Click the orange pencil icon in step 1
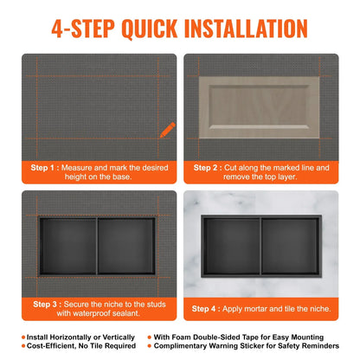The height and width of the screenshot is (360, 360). click(x=165, y=130)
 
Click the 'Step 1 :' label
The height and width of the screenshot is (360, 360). click(x=49, y=167)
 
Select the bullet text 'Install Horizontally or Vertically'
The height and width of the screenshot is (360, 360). click(x=79, y=337)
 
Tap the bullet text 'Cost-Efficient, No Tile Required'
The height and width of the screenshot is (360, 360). click(x=79, y=347)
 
